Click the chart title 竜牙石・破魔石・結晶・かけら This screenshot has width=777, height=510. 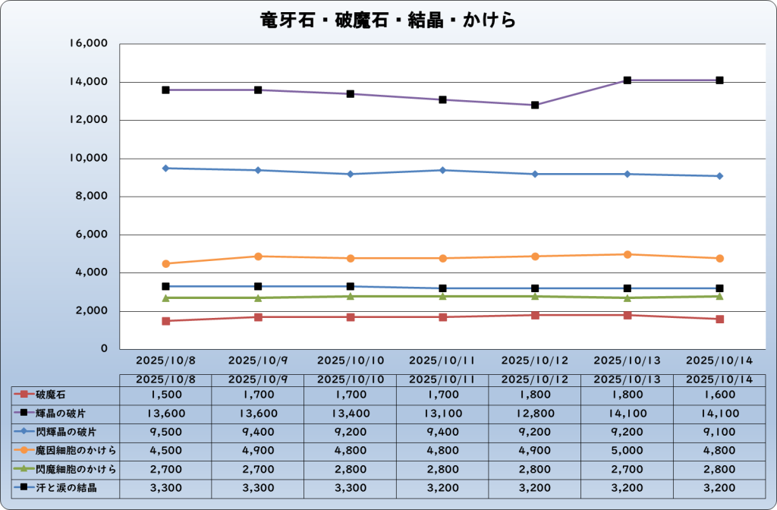388,20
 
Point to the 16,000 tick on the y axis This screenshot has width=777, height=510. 89,44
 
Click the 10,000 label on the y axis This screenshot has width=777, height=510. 89,159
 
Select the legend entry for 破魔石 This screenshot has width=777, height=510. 53,394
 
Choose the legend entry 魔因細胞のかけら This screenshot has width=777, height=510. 68,450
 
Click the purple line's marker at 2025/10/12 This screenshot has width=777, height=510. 535,105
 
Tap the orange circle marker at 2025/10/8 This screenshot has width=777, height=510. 165,263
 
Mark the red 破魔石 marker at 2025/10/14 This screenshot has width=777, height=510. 719,319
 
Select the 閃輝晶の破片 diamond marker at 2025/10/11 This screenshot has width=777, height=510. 442,170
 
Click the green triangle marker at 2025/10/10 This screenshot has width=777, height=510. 350,296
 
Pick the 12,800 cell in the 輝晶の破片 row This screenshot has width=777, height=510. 535,413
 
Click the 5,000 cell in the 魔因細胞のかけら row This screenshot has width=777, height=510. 627,450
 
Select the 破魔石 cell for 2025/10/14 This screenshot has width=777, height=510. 719,394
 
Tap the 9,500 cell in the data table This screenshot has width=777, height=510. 165,431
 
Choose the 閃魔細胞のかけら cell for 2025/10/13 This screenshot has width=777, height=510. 627,468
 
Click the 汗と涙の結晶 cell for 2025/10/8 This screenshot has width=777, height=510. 165,487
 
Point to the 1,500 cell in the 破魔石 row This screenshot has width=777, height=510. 165,394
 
